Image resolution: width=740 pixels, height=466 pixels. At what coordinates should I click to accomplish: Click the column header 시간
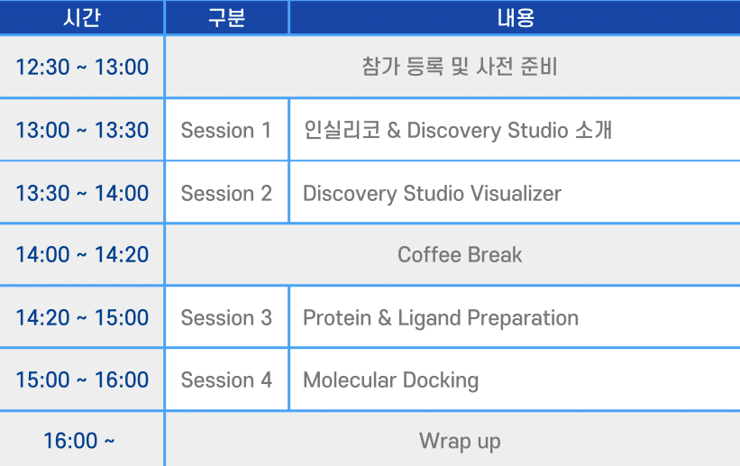tap(82, 18)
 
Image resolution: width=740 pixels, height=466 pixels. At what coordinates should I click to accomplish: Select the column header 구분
tap(226, 18)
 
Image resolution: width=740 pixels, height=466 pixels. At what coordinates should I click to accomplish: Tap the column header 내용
tap(516, 18)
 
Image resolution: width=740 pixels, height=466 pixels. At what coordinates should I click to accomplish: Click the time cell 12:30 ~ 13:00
tap(82, 67)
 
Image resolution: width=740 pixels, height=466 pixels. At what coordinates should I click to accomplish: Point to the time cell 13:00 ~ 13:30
tap(82, 130)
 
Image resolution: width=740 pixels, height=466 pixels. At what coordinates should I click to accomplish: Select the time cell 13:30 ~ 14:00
tap(82, 193)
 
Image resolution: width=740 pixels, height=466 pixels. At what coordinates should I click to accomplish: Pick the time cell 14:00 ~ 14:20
tap(82, 254)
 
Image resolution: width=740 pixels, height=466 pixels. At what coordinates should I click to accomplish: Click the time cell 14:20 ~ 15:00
tap(82, 317)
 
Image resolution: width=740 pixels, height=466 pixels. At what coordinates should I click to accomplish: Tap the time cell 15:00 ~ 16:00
tap(82, 379)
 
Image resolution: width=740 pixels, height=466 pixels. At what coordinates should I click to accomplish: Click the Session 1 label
tap(226, 131)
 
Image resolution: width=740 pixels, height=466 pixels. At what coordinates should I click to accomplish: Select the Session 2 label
tap(226, 194)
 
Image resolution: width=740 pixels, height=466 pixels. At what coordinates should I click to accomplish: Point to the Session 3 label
tap(226, 318)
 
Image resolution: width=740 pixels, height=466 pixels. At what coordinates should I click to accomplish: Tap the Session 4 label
tap(226, 380)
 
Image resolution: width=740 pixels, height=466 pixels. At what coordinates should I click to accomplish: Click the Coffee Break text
tap(460, 255)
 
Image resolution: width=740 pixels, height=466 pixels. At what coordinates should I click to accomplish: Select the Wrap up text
tap(460, 442)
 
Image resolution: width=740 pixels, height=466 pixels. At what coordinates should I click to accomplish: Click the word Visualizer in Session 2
tap(516, 194)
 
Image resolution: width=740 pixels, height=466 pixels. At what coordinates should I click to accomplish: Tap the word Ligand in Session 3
tap(429, 319)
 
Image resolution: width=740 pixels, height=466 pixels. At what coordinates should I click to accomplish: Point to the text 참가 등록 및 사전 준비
tap(460, 67)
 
